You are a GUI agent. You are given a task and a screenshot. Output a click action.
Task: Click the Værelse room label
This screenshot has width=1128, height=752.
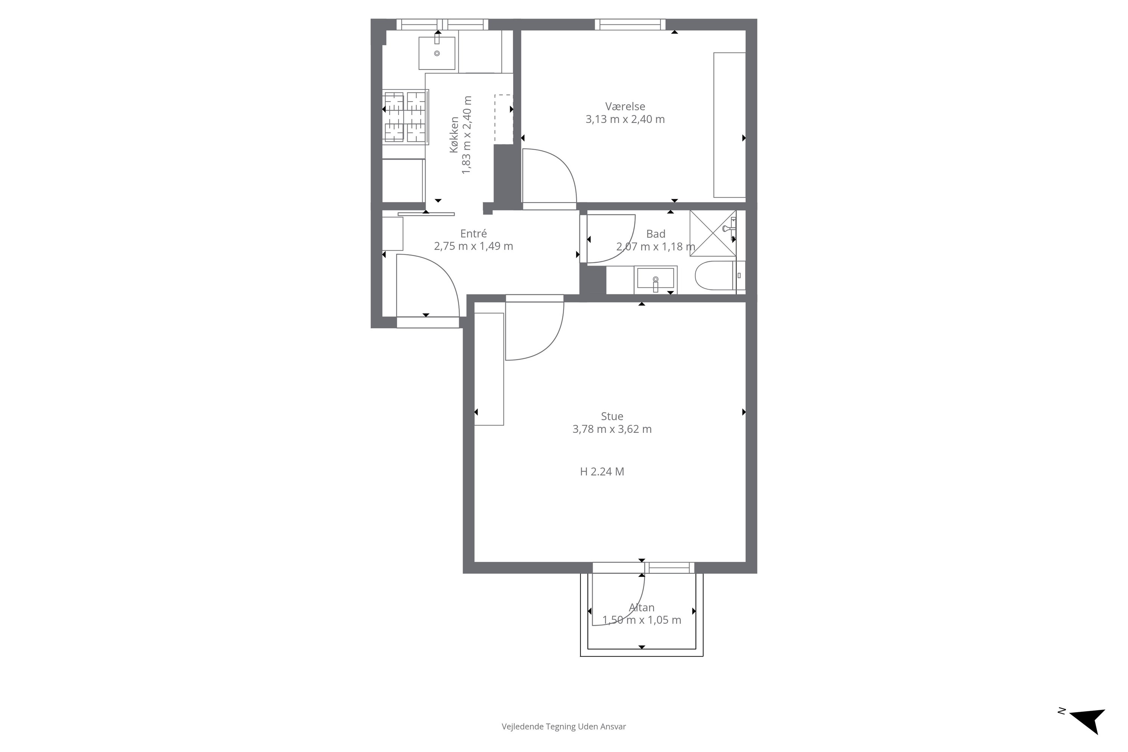(625, 106)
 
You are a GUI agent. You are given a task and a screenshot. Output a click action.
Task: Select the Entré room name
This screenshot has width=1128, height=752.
(473, 233)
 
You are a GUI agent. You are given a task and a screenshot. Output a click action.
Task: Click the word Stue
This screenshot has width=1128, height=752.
(612, 416)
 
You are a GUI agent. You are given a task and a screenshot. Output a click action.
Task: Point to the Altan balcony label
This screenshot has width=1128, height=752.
(642, 608)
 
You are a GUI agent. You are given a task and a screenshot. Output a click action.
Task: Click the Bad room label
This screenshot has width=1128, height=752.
(656, 234)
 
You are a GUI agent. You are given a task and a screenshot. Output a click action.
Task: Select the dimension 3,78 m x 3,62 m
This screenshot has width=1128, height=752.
(612, 429)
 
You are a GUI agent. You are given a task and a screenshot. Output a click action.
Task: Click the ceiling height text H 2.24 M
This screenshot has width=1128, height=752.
(602, 472)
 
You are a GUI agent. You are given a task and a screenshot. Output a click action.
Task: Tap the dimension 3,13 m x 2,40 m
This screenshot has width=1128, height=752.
(625, 120)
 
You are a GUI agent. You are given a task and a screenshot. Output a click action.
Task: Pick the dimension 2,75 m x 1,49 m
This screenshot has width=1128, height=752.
(473, 247)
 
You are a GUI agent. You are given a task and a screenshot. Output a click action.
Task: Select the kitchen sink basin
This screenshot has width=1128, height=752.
(437, 52)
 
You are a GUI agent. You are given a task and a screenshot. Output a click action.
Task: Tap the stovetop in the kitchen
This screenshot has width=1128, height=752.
(405, 117)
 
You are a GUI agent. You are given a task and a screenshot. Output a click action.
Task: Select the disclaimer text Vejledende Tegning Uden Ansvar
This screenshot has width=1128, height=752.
(564, 726)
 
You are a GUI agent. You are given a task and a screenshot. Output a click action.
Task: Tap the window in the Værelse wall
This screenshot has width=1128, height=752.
(630, 24)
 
